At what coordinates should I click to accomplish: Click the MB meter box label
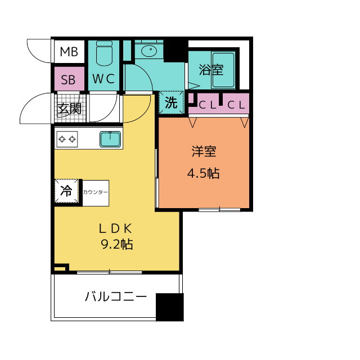tap(69, 52)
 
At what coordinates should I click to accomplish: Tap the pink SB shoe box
tap(69, 79)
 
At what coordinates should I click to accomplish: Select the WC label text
tap(103, 79)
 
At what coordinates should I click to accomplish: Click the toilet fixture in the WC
tap(104, 53)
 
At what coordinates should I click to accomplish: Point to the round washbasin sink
tap(149, 51)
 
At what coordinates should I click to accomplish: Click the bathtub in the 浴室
tap(223, 70)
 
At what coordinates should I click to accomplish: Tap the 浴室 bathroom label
tap(211, 70)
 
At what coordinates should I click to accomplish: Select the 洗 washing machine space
tap(171, 102)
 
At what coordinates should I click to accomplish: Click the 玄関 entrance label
tap(69, 109)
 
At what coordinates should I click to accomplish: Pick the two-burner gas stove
tap(67, 139)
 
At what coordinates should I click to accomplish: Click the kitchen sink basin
tap(110, 139)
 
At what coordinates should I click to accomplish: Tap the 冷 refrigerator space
tap(66, 191)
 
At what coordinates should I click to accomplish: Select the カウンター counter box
tap(96, 193)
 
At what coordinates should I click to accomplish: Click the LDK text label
tap(115, 229)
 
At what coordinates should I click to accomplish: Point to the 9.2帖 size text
tap(117, 244)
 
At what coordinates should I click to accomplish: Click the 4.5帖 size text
tap(204, 173)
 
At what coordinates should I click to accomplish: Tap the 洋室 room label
tap(204, 151)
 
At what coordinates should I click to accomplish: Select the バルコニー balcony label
tap(116, 296)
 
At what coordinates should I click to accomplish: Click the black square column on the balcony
tap(170, 307)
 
